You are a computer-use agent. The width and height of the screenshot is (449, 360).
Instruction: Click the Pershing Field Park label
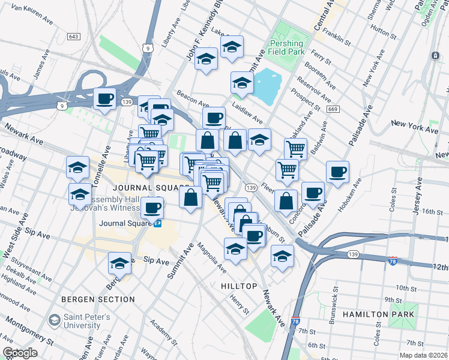(x=286, y=49)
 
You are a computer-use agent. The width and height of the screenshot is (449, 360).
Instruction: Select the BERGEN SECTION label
(x=98, y=299)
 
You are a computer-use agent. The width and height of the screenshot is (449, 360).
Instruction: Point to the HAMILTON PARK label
(x=378, y=314)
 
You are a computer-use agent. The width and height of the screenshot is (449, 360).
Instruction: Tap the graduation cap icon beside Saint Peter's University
(x=55, y=321)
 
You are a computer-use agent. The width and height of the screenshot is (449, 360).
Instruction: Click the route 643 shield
(x=74, y=37)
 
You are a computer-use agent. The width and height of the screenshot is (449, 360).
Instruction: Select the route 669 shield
(x=333, y=109)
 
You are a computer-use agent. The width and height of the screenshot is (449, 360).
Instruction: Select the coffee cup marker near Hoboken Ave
(x=338, y=172)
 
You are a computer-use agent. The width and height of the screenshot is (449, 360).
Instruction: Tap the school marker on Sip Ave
(x=120, y=263)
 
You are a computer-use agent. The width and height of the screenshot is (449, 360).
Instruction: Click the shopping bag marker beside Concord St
(x=286, y=200)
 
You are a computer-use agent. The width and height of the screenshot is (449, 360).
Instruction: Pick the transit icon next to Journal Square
(x=158, y=223)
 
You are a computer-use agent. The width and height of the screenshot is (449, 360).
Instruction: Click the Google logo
(x=20, y=353)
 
